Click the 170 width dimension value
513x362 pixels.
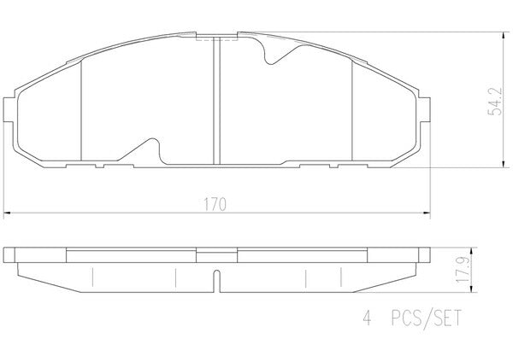[215, 205]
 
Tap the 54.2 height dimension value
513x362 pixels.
[495, 102]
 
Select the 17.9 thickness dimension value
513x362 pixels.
[462, 270]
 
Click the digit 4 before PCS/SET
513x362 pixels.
[368, 318]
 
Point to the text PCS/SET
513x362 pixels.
[427, 318]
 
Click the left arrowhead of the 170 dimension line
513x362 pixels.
[7, 213]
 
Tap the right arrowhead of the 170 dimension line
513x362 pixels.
[427, 213]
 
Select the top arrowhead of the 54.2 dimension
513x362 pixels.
[503, 36]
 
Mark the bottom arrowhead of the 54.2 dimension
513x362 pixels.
[503, 164]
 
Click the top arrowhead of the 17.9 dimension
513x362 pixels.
[471, 251]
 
